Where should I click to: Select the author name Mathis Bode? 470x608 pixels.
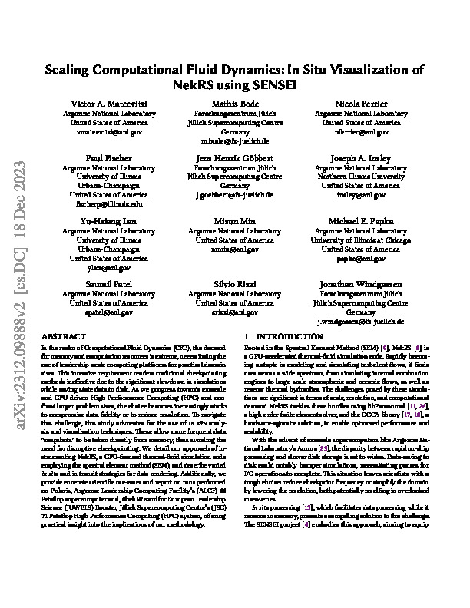[234, 103]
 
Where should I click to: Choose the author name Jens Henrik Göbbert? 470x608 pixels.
[234, 157]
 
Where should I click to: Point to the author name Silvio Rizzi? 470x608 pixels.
[234, 284]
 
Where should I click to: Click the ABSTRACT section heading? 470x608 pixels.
[58, 337]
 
